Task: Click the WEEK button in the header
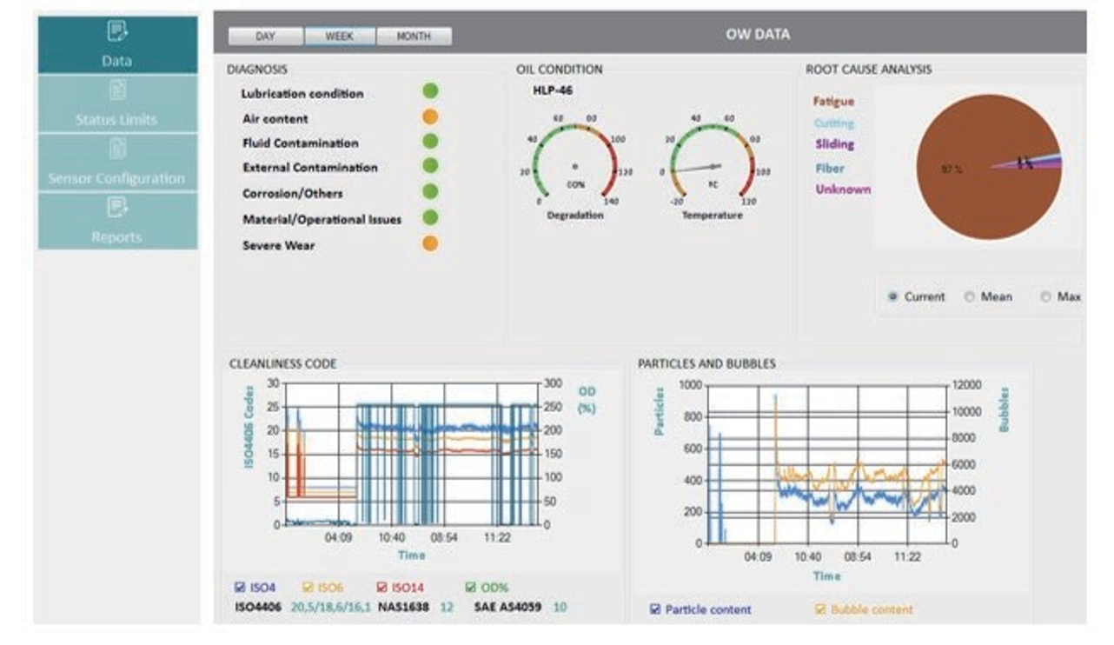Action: pyautogui.click(x=340, y=37)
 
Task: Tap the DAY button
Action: pyautogui.click(x=265, y=37)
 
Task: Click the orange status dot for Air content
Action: pyautogui.click(x=430, y=117)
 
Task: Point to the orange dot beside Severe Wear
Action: pyautogui.click(x=430, y=244)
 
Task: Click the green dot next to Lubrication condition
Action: pyautogui.click(x=430, y=91)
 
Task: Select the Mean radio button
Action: pyautogui.click(x=969, y=297)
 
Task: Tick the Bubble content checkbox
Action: pyautogui.click(x=820, y=609)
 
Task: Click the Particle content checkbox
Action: pyautogui.click(x=655, y=609)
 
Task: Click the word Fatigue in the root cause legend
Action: pyautogui.click(x=833, y=102)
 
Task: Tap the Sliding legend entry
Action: pyautogui.click(x=834, y=144)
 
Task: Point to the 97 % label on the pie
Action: pyautogui.click(x=952, y=170)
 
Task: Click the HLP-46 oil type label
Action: pyautogui.click(x=552, y=90)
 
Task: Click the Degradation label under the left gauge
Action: pyautogui.click(x=574, y=215)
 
